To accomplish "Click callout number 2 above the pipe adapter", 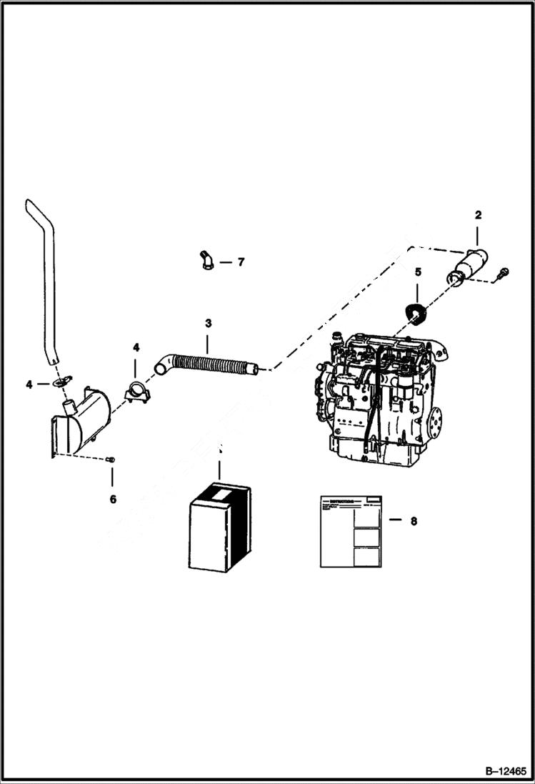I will coord(478,214).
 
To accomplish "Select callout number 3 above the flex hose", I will coord(208,324).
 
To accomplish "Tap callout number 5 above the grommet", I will coord(419,272).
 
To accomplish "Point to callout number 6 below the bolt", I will coord(113,499).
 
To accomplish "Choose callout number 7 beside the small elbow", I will coord(241,262).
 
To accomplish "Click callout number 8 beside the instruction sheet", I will coord(413,522).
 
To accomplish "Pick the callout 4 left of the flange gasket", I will coord(29,384).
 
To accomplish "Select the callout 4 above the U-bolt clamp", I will coord(136,348).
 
